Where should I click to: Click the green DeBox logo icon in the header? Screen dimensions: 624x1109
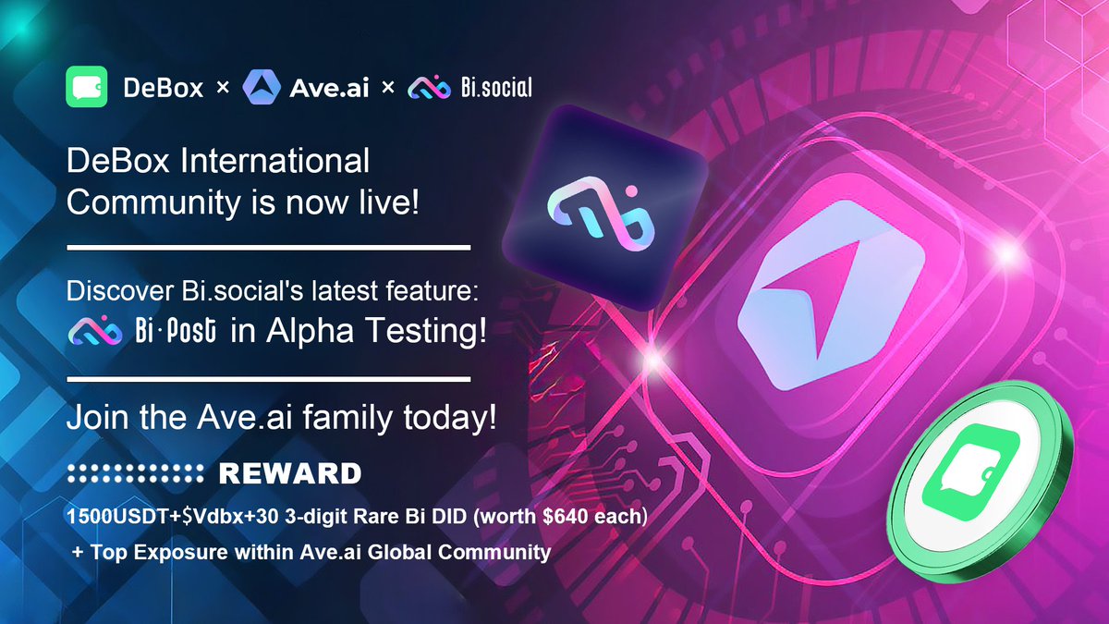point(88,89)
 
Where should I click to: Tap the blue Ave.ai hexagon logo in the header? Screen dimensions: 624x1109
point(261,89)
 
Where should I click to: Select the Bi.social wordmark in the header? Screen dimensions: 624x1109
point(496,89)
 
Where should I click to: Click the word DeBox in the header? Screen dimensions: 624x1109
point(163,89)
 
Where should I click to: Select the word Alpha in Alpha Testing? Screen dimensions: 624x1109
point(305,333)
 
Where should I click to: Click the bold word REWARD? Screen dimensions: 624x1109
point(289,474)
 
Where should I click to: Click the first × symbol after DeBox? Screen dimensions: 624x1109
point(222,89)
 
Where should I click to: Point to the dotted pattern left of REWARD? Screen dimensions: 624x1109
point(135,474)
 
